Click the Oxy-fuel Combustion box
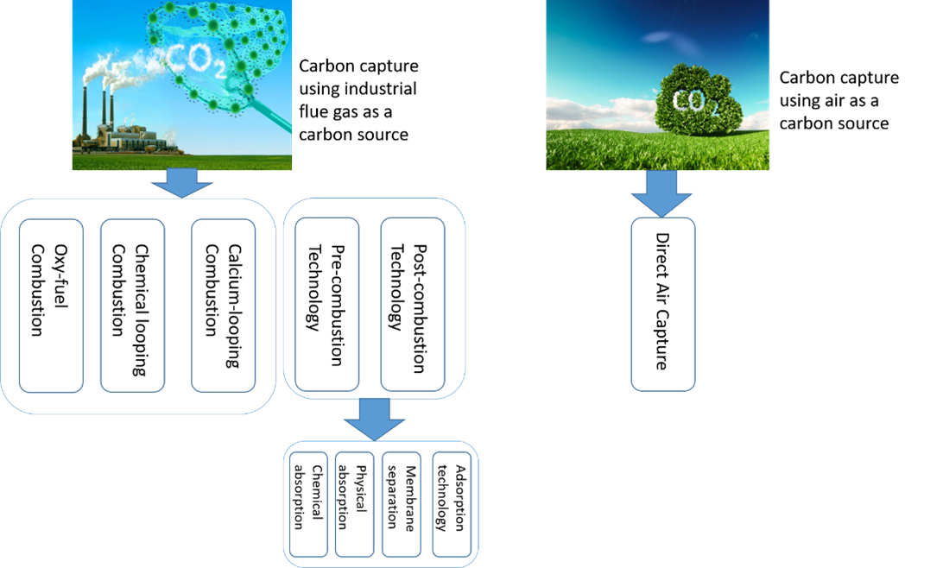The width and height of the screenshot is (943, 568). click(51, 305)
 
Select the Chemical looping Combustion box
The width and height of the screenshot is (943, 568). click(132, 305)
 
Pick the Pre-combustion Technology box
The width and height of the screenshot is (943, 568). click(326, 305)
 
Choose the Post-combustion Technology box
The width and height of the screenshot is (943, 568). click(413, 305)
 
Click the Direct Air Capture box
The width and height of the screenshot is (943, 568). click(662, 304)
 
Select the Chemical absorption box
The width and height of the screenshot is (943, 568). click(308, 504)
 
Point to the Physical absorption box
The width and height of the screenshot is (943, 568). click(355, 504)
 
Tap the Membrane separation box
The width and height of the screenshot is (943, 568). click(402, 504)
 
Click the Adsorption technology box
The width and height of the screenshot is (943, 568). click(452, 504)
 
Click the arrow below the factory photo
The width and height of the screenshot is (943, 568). click(181, 182)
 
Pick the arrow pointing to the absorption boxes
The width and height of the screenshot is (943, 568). click(374, 420)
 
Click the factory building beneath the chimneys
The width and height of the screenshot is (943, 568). click(130, 138)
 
